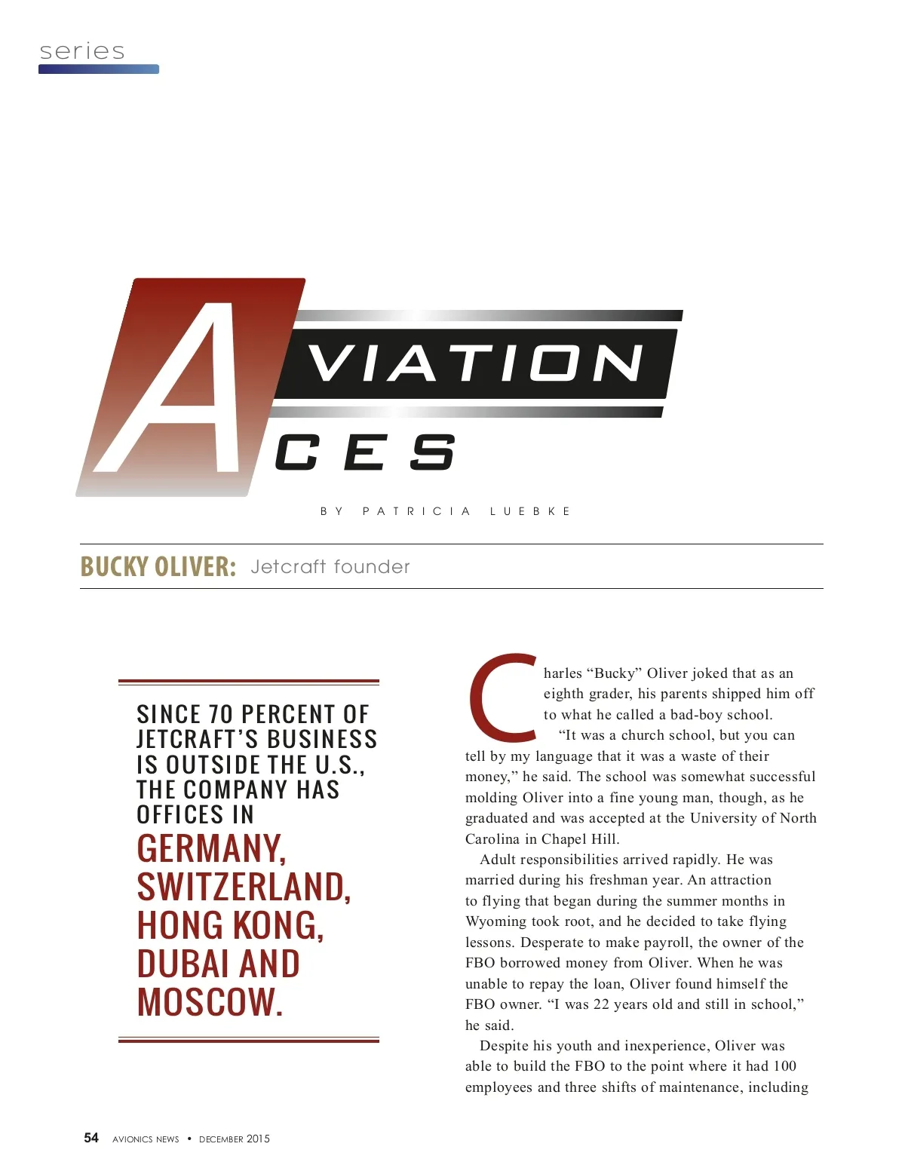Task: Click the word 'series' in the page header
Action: coord(82,51)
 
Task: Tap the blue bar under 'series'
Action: coord(99,69)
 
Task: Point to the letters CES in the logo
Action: coord(365,452)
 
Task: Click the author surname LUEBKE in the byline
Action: coord(530,511)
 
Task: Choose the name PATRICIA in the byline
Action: coord(416,511)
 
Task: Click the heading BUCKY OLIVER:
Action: coord(158,566)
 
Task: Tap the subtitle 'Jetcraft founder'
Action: coord(330,567)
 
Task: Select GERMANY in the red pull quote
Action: coord(212,849)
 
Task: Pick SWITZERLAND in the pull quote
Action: coord(244,887)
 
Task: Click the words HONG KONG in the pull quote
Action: coord(230,926)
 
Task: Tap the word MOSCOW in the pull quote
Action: coord(210,1002)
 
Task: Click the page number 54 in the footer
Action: coord(91,1138)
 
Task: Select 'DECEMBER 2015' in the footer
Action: coord(235,1139)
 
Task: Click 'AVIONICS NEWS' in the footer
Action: coord(146,1139)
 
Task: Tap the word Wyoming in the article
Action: coord(495,921)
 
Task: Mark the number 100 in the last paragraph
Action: coord(784,1066)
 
